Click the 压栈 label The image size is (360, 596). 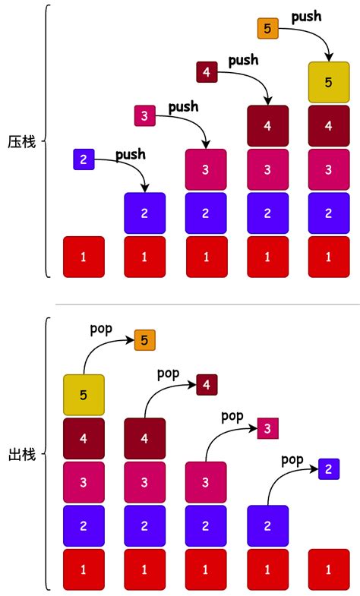click(x=21, y=141)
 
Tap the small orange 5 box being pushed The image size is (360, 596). click(x=267, y=29)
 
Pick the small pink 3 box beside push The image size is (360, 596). click(x=144, y=115)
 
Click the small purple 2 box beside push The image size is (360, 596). click(x=84, y=159)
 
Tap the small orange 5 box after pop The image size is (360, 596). click(x=145, y=340)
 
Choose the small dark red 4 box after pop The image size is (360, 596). click(x=207, y=385)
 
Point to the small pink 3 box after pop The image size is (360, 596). click(x=268, y=428)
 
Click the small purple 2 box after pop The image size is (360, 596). click(x=329, y=469)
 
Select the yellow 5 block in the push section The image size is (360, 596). click(x=329, y=83)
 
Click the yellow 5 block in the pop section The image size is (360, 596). click(x=84, y=395)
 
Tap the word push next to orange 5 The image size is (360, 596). click(x=306, y=16)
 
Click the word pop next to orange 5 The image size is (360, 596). click(x=101, y=329)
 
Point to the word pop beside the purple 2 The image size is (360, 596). click(x=292, y=459)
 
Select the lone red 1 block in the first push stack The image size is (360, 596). click(x=84, y=257)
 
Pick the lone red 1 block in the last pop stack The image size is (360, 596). click(x=329, y=569)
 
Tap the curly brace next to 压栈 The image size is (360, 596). click(x=47, y=141)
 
